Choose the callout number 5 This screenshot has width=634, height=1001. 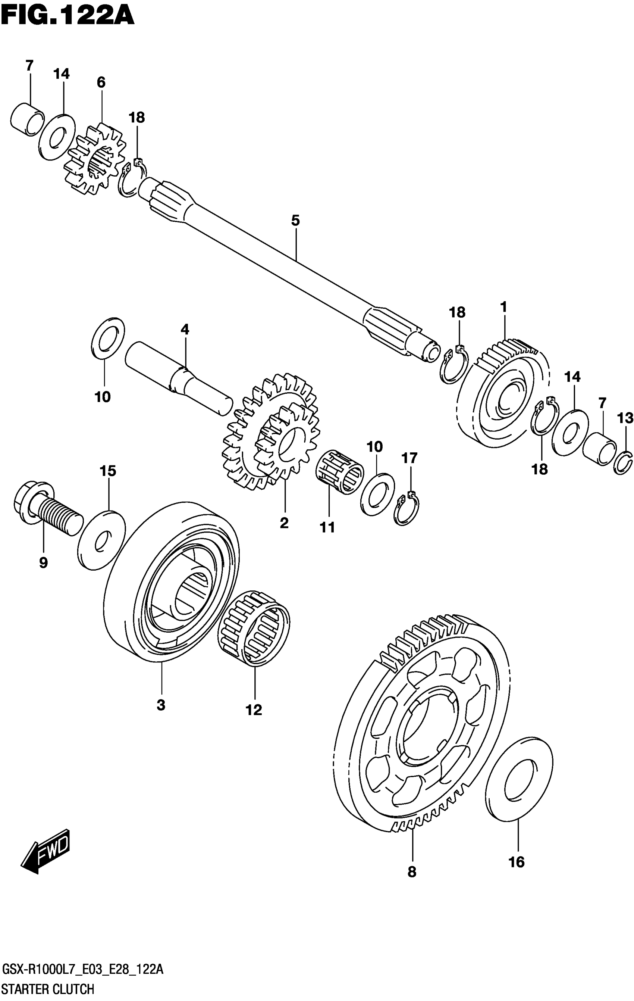pos(295,221)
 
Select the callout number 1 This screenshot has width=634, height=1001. pos(503,308)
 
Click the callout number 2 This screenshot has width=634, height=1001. pos(284,523)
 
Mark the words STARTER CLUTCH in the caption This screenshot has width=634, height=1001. pos(48,990)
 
